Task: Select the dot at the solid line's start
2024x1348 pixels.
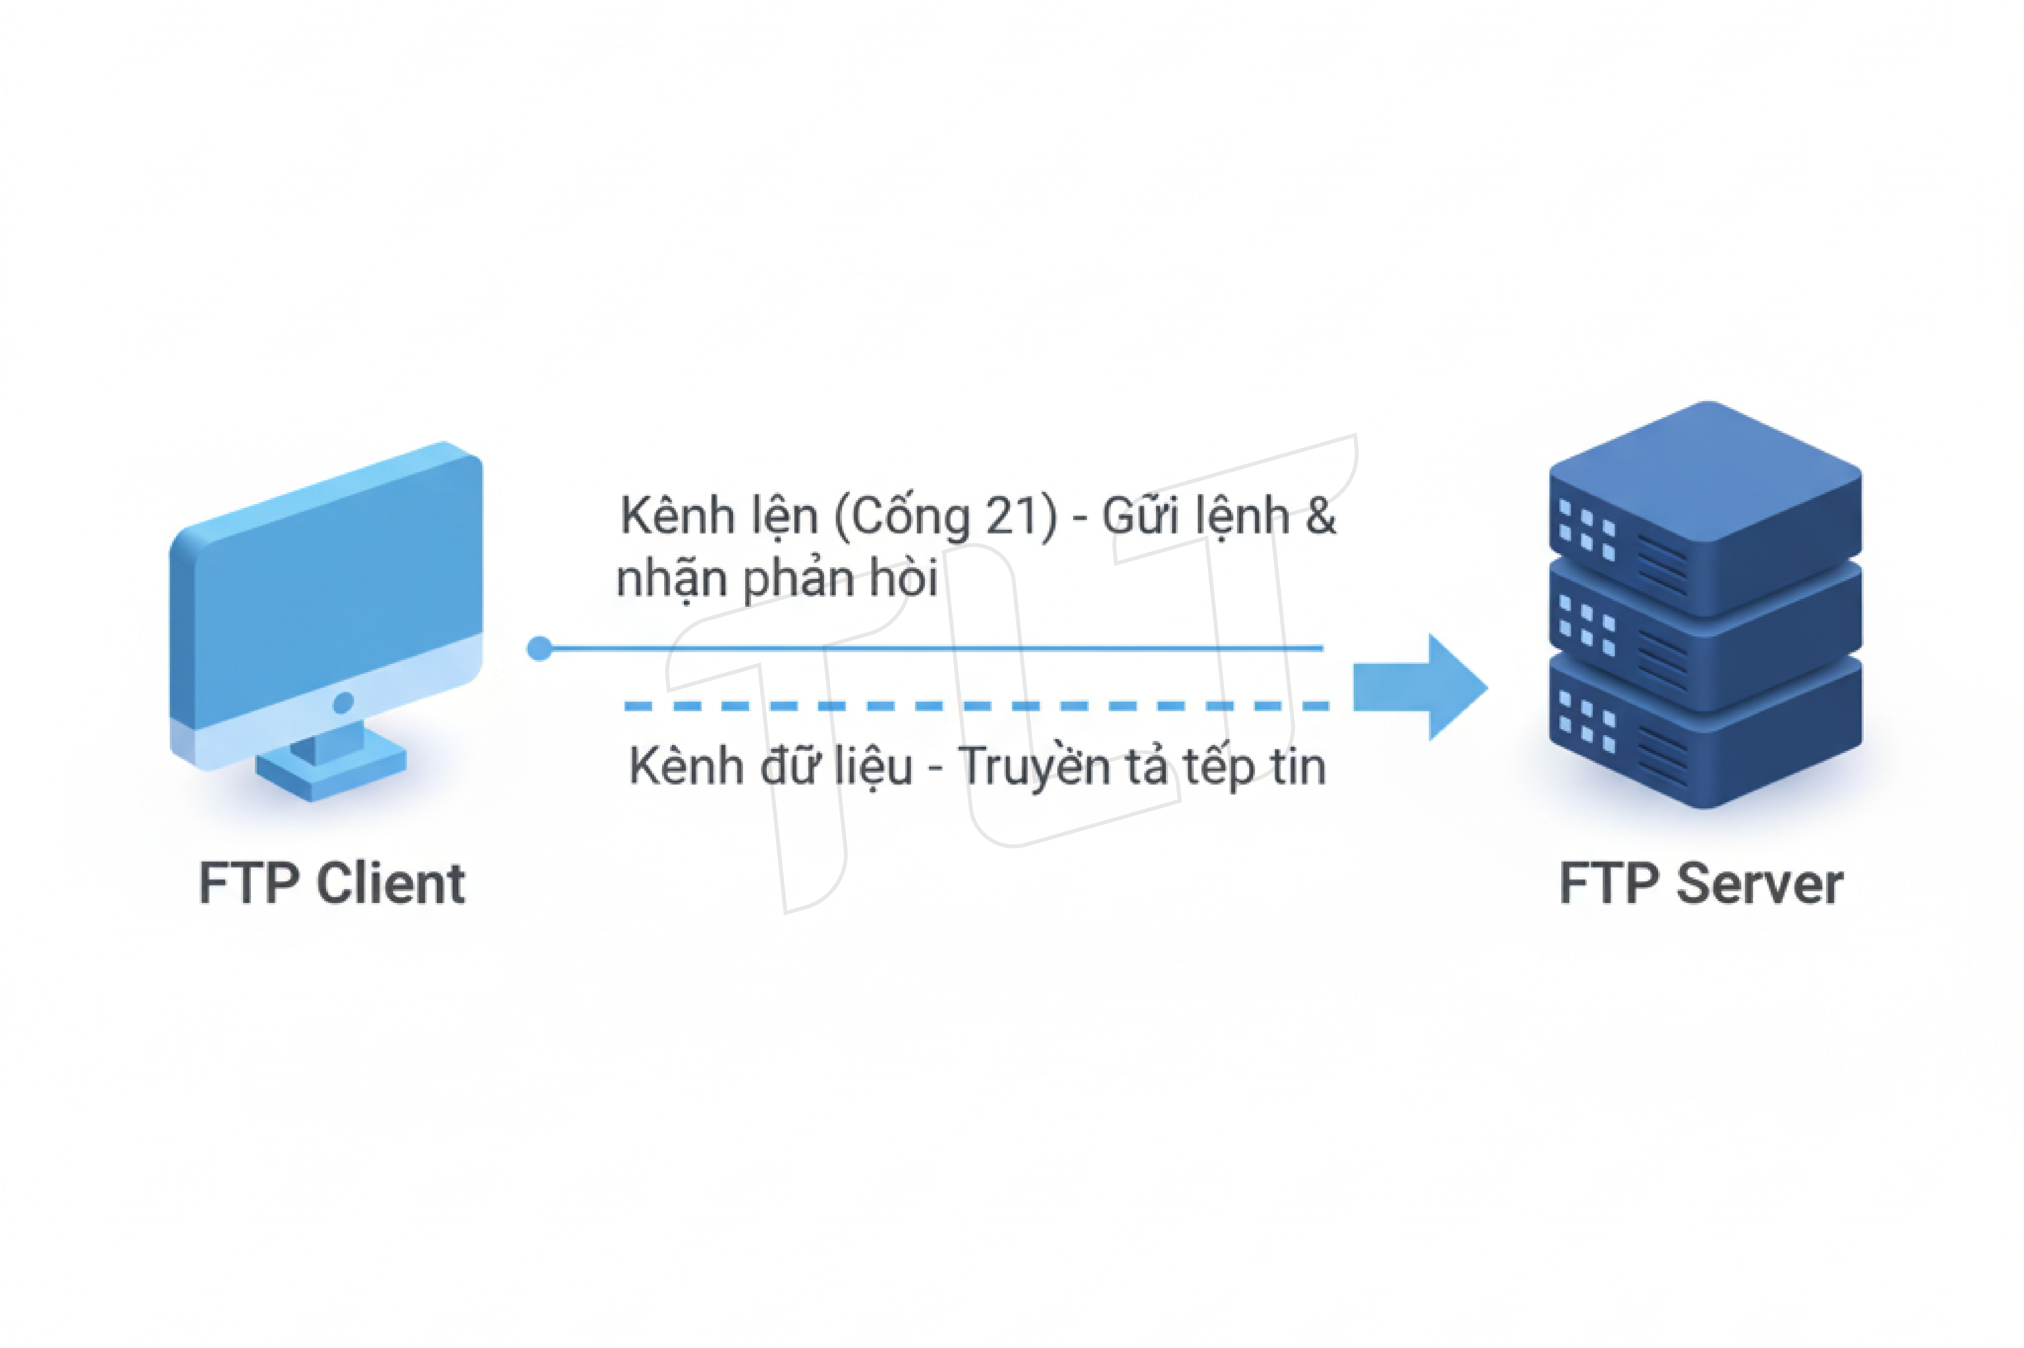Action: (539, 648)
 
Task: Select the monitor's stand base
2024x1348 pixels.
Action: (331, 769)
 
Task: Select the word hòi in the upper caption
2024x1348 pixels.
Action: (903, 579)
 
